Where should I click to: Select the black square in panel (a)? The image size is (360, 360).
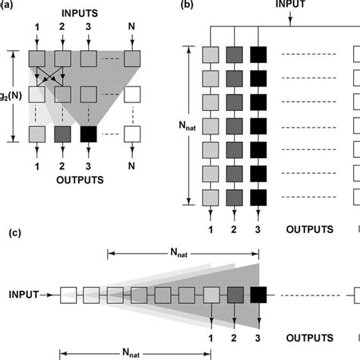tap(89, 134)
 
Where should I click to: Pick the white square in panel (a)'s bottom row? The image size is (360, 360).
tap(134, 134)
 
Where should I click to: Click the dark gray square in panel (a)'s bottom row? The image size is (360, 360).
tap(64, 134)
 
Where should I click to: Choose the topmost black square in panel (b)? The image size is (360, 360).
tap(260, 55)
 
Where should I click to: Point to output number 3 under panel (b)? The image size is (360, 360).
tap(260, 227)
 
